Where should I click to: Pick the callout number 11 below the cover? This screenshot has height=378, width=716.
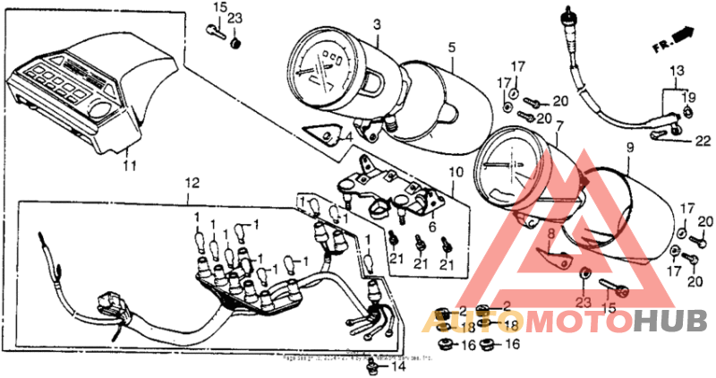(x=130, y=166)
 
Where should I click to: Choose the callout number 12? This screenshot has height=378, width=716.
(x=189, y=184)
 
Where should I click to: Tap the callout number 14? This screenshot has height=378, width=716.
(x=398, y=366)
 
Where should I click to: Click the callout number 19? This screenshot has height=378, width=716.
(x=688, y=97)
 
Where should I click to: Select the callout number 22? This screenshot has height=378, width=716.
(x=703, y=140)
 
